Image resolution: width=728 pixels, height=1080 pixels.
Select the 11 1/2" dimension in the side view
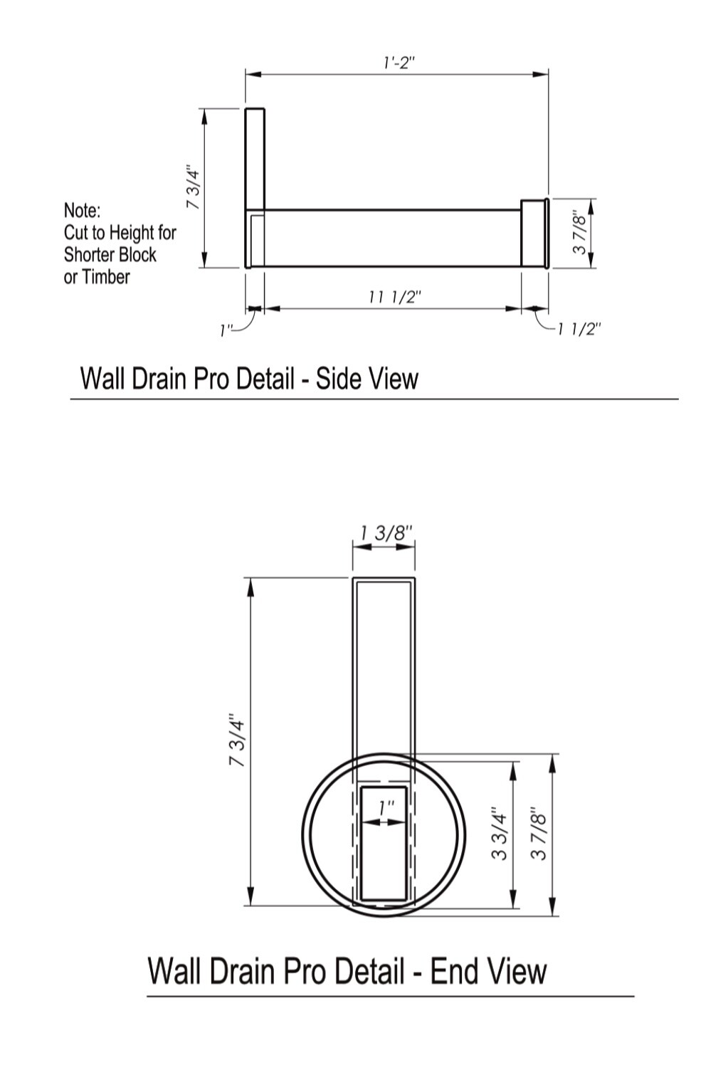tap(395, 297)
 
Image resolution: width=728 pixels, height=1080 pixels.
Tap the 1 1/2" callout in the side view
tap(579, 329)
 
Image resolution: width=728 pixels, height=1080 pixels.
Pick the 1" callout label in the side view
tap(226, 330)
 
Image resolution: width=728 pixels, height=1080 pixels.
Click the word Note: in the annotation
tap(83, 211)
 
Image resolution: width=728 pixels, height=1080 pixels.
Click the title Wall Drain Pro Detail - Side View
tap(249, 378)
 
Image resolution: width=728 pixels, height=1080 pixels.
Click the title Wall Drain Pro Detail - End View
tap(347, 971)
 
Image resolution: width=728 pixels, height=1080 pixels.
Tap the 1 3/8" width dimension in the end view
tap(385, 533)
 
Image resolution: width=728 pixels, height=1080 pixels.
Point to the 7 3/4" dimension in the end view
tap(237, 740)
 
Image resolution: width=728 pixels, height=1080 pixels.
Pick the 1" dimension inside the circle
tap(386, 809)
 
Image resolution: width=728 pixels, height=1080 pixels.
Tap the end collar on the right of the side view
tap(534, 234)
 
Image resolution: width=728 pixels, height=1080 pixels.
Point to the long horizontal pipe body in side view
tap(391, 238)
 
